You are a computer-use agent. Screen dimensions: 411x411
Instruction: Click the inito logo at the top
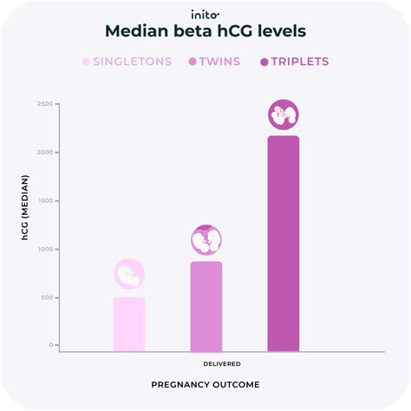coord(205,14)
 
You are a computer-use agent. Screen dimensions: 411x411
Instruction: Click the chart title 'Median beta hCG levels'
coord(205,32)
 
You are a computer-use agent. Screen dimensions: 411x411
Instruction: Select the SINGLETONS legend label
coord(133,62)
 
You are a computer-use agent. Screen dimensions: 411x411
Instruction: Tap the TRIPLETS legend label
coord(299,62)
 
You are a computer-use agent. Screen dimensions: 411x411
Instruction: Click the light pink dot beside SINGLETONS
coord(86,62)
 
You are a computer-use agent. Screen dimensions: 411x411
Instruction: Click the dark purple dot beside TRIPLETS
coord(262,62)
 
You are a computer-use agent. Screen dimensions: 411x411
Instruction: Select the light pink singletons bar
coord(129,324)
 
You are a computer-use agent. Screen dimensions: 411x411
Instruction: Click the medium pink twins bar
coord(206,306)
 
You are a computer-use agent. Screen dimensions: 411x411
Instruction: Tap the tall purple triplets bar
coord(284,244)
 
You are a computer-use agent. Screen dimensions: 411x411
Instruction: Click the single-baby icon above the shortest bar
coord(129,275)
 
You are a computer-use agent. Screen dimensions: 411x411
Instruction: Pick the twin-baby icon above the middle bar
coord(206,239)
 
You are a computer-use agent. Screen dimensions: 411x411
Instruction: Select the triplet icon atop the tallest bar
coord(284,114)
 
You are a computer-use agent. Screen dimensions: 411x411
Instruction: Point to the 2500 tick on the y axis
coord(45,104)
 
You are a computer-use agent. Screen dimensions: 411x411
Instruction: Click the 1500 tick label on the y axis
coord(45,200)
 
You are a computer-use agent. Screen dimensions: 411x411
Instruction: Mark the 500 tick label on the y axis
coord(47,297)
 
